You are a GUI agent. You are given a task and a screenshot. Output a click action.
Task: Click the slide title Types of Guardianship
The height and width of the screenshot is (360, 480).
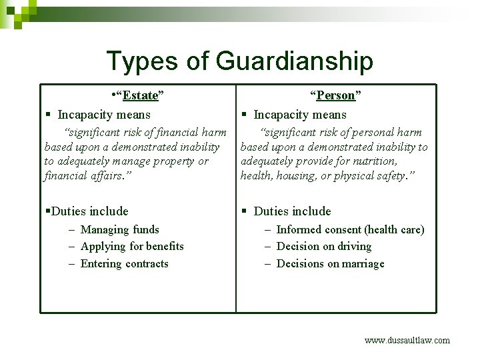(239, 61)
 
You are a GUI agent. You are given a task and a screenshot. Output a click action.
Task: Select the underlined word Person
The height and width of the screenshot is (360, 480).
(336, 95)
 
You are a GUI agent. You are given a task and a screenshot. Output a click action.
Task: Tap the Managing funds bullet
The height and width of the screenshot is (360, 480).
(119, 229)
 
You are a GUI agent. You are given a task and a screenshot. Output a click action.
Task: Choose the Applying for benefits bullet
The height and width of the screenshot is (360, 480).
(131, 246)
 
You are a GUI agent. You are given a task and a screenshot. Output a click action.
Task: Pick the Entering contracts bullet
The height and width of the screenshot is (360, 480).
(124, 263)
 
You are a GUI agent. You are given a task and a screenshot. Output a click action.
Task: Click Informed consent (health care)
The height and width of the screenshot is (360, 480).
(350, 229)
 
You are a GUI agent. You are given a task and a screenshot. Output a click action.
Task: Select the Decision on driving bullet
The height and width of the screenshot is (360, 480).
(324, 246)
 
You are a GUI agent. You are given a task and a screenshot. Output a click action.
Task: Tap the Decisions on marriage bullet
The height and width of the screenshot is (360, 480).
(330, 263)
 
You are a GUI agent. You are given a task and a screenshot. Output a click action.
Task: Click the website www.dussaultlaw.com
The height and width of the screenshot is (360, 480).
(407, 340)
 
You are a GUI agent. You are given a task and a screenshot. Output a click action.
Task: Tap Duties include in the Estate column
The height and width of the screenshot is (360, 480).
(89, 211)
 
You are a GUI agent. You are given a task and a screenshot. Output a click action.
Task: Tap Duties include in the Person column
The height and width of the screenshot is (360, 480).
(292, 211)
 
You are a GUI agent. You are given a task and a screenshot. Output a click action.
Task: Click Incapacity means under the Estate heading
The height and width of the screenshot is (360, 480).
(104, 115)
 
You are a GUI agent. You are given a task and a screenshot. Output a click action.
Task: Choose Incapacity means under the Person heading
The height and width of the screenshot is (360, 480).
(300, 115)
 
